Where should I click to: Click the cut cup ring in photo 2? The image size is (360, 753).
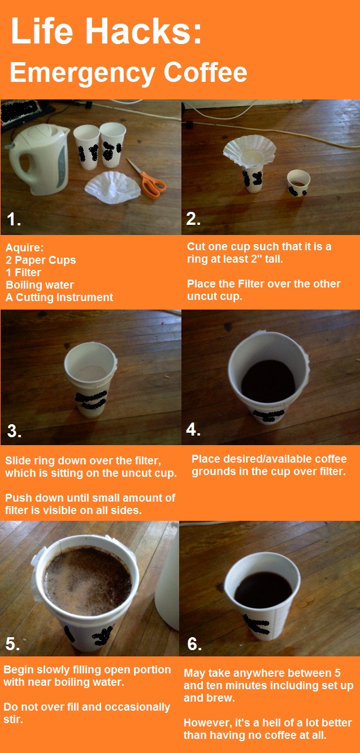[x=298, y=183]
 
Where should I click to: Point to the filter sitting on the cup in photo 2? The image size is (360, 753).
[x=249, y=151]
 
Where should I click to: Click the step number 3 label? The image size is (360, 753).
[x=14, y=431]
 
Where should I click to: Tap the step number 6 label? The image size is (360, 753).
[x=194, y=644]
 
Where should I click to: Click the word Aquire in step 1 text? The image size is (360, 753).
[x=24, y=248]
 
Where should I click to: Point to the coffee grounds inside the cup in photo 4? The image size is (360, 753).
[x=268, y=381]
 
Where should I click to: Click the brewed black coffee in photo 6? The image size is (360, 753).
[x=263, y=590]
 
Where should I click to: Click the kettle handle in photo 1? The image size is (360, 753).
[x=17, y=162]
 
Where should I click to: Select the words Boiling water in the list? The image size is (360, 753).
[x=40, y=285]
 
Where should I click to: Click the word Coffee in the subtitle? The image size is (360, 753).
[x=205, y=72]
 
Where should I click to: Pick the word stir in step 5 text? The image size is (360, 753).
[x=12, y=719]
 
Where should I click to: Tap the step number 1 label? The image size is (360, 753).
[x=14, y=220]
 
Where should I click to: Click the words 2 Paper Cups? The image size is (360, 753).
[x=41, y=260]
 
